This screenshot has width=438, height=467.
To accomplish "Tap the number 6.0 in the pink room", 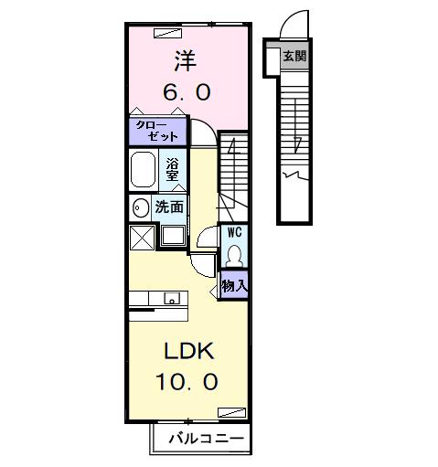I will [187, 93].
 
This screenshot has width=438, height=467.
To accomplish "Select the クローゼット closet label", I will [156, 130].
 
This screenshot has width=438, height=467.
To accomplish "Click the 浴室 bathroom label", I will [174, 169].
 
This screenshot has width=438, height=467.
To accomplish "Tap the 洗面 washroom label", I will [170, 207].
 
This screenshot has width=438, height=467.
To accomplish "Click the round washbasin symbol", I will [141, 207].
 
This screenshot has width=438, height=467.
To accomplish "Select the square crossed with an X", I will [143, 238].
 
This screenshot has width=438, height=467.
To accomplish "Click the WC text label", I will [234, 232].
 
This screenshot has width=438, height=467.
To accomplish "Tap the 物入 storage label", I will [234, 286].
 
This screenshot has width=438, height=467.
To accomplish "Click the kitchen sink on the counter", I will [170, 298].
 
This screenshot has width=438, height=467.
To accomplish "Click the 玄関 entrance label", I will [294, 56].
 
